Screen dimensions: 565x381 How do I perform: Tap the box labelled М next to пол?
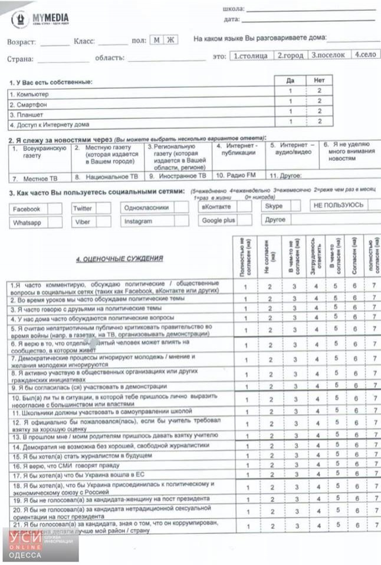tap(156, 41)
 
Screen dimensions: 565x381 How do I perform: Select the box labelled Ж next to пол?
tap(170, 41)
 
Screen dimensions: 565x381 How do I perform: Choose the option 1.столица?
tap(251, 56)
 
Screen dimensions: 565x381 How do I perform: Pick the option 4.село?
tap(366, 55)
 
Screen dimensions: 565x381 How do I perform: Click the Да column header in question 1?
tap(290, 80)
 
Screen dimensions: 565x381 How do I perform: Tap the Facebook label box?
tap(27, 209)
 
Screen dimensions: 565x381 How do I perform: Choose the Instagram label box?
tap(139, 222)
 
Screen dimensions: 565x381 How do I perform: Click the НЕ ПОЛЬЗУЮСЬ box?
tap(338, 206)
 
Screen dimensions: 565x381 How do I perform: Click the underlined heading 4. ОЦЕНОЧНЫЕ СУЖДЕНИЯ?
tap(112, 259)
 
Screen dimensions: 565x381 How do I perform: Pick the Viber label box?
tap(83, 222)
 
